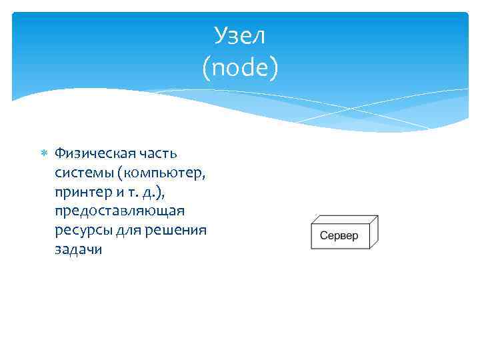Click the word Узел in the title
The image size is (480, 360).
240,36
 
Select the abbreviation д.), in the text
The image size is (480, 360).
157,192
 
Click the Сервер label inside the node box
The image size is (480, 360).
339,236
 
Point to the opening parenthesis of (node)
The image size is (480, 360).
203,67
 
